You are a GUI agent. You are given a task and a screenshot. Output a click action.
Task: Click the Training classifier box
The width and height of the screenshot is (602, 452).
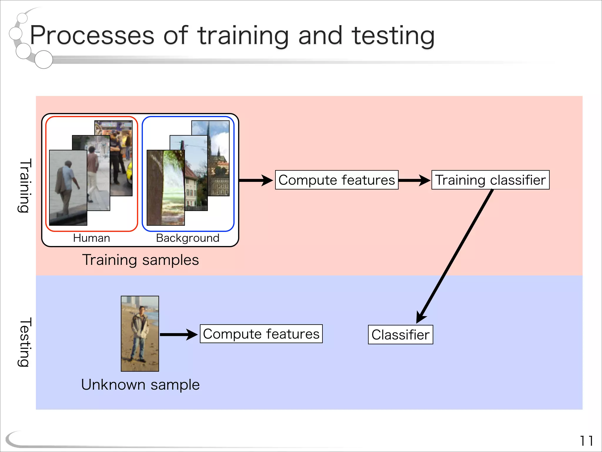[490, 180]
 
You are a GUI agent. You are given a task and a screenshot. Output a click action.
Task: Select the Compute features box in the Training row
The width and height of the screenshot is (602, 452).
[337, 180]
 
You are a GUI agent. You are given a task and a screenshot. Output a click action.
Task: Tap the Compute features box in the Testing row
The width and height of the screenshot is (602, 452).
[261, 334]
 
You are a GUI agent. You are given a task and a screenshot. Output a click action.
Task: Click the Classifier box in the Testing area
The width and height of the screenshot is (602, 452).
[400, 335]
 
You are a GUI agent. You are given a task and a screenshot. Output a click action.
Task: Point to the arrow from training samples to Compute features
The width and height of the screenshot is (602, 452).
[256, 180]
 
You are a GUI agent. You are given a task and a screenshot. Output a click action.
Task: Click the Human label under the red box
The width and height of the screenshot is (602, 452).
[91, 238]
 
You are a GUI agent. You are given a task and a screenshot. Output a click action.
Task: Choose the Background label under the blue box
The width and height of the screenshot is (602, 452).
[188, 238]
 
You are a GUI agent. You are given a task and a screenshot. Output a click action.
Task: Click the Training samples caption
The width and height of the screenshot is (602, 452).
[141, 260]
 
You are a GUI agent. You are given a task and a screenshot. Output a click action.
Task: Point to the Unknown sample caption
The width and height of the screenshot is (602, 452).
[141, 385]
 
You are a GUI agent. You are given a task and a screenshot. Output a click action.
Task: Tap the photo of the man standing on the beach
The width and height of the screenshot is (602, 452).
[140, 333]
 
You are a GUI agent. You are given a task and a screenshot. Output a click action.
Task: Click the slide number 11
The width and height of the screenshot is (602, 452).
[586, 441]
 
